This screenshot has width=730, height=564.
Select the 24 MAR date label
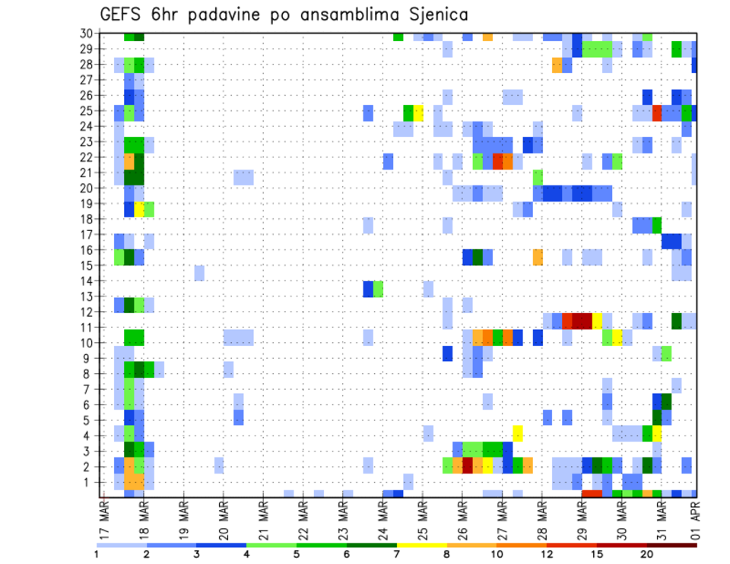coord(382,519)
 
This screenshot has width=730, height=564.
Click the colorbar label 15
coord(597,554)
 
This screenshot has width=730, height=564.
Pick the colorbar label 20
coord(646,554)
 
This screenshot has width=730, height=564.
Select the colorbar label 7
coord(396,554)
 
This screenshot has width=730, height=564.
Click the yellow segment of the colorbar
coord(421,545)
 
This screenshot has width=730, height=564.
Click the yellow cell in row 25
coord(418,112)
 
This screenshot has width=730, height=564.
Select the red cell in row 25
coord(657,112)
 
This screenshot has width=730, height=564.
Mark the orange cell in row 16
coord(538,256)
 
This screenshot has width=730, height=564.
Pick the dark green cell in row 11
coord(677,321)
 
